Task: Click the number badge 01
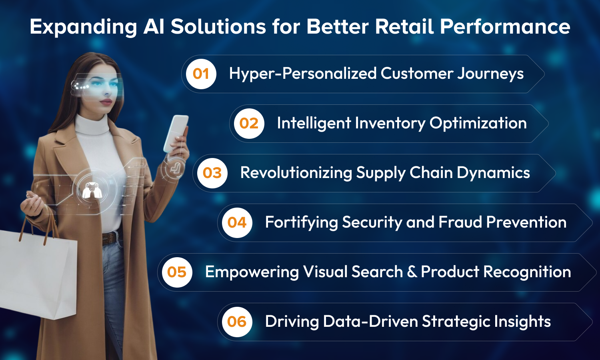pyautogui.click(x=201, y=74)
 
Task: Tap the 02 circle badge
pyautogui.click(x=249, y=124)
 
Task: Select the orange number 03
pyautogui.click(x=212, y=173)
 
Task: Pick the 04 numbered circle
pyautogui.click(x=237, y=222)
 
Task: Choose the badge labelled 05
pyautogui.click(x=177, y=272)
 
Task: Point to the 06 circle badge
pyautogui.click(x=237, y=322)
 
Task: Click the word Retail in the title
pyautogui.click(x=404, y=26)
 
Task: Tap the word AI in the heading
pyautogui.click(x=154, y=26)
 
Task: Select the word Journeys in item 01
pyautogui.click(x=490, y=74)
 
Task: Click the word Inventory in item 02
pyautogui.click(x=390, y=124)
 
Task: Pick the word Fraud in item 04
pyautogui.click(x=460, y=222)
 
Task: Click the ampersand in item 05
pyautogui.click(x=412, y=272)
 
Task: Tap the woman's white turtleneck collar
pyautogui.click(x=92, y=124)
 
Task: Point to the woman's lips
pyautogui.click(x=106, y=102)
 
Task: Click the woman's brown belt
pyautogui.click(x=110, y=238)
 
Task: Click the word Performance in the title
pyautogui.click(x=505, y=26)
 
